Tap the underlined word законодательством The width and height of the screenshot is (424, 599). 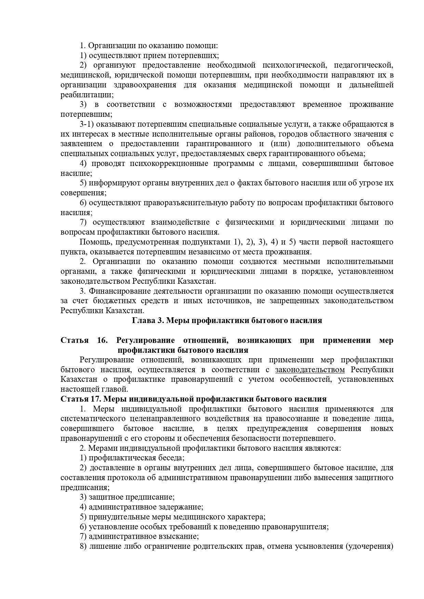coord(310,370)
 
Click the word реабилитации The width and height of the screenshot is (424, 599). coord(87,95)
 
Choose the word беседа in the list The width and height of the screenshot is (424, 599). coord(171,458)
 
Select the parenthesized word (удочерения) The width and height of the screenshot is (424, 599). coord(370,546)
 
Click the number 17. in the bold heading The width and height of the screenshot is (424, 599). coord(96,399)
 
